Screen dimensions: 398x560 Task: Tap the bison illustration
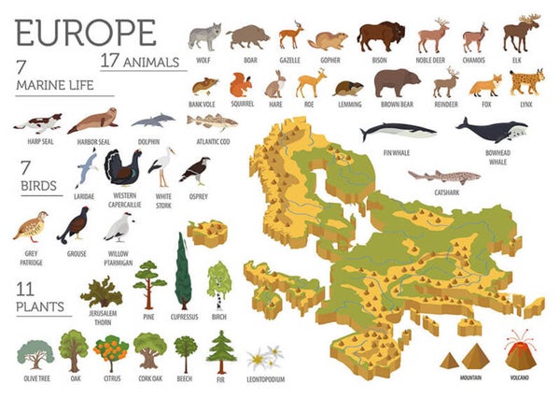[381, 36]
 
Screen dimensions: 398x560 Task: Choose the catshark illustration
[444, 176]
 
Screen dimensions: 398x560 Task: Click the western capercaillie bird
[122, 169]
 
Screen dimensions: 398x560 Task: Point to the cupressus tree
[183, 271]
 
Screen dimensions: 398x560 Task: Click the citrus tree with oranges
[111, 352]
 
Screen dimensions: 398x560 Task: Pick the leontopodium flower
[264, 357]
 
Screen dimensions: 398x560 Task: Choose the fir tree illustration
[221, 351]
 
